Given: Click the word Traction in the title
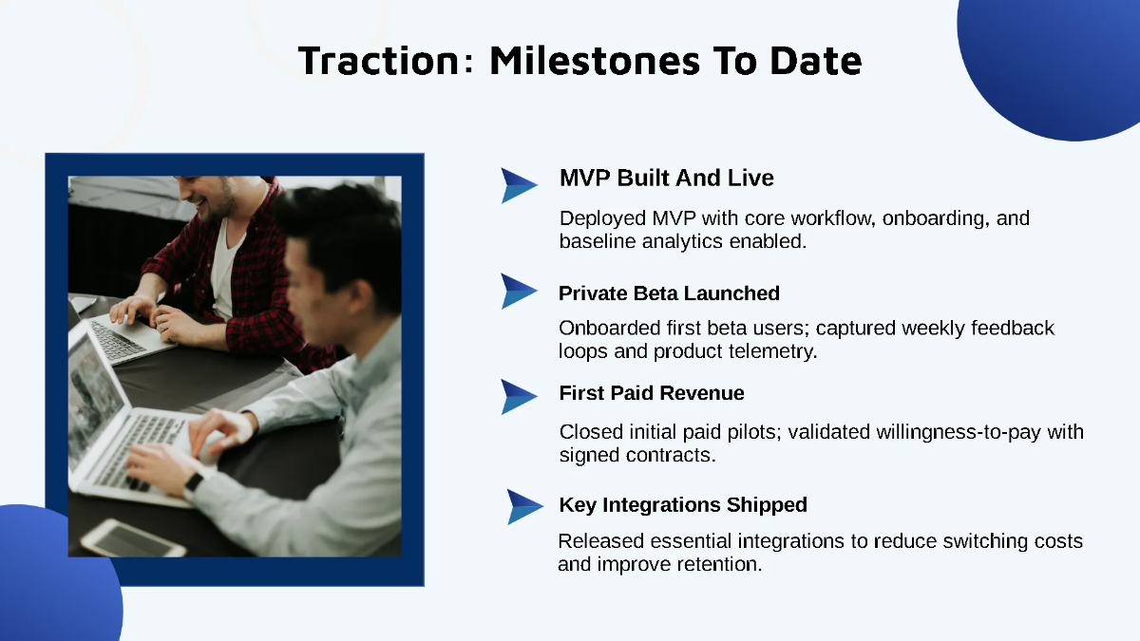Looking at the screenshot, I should pyautogui.click(x=377, y=61).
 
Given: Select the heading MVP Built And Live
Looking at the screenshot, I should pyautogui.click(x=666, y=178).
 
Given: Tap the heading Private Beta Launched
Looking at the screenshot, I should pyautogui.click(x=669, y=292).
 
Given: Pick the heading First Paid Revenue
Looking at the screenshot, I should pyautogui.click(x=652, y=393).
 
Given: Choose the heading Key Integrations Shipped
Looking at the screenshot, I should pyautogui.click(x=683, y=504).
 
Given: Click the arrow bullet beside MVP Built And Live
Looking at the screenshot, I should pyautogui.click(x=519, y=185).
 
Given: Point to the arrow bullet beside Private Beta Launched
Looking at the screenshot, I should pyautogui.click(x=519, y=291).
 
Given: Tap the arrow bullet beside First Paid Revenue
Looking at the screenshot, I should pyautogui.click(x=519, y=396).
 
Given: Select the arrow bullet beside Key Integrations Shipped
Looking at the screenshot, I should pyautogui.click(x=524, y=506).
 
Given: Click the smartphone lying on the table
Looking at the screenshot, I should pyautogui.click(x=133, y=538).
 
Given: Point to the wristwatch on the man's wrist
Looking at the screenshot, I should pyautogui.click(x=194, y=483).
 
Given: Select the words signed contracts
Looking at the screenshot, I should pyautogui.click(x=636, y=455).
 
